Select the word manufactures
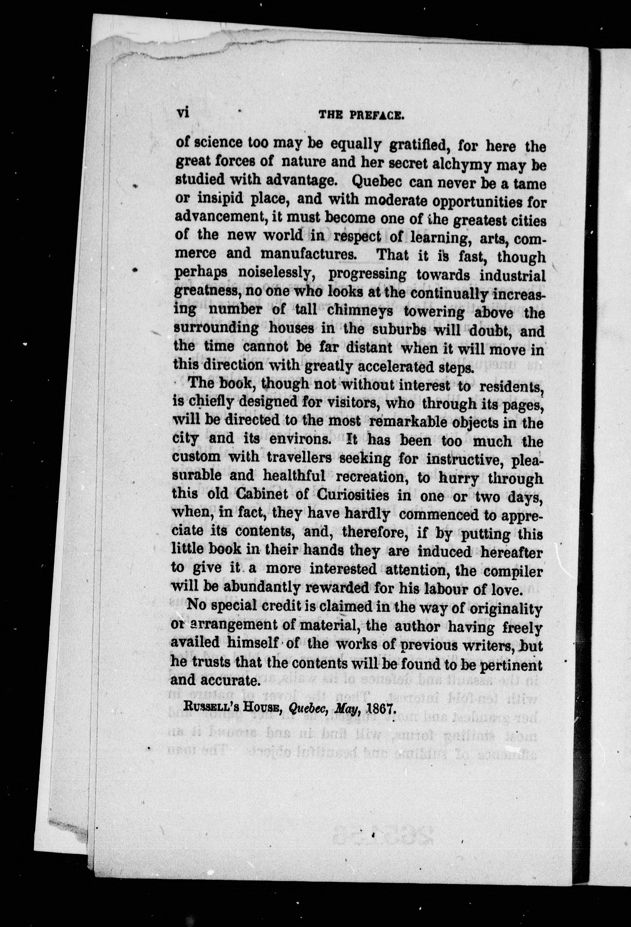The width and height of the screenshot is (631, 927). pos(307,254)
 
